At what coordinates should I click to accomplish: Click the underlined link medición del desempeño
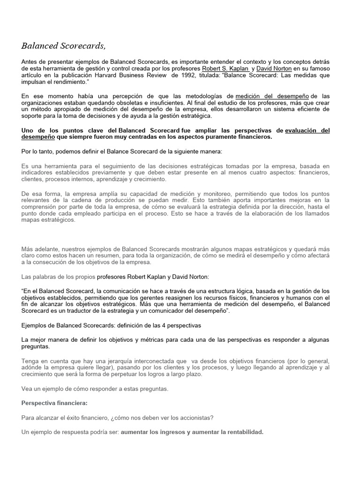[x=272, y=96]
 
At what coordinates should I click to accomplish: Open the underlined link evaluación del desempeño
[x=307, y=130]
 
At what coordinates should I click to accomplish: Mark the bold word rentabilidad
[x=240, y=432]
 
